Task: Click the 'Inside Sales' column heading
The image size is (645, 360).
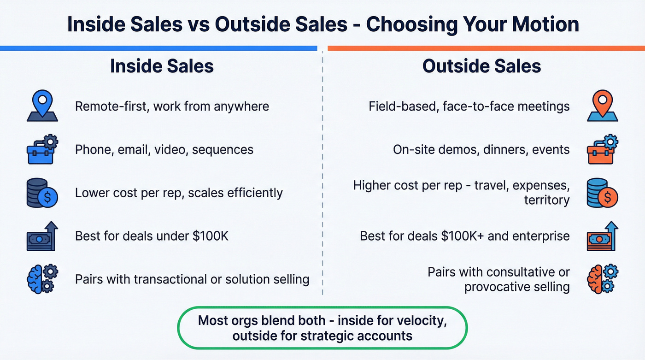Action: point(162,66)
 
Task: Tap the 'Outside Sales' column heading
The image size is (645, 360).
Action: point(481,66)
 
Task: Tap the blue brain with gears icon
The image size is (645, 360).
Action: point(41,278)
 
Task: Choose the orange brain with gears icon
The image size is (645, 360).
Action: point(602,279)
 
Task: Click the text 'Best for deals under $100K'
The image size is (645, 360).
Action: point(152,236)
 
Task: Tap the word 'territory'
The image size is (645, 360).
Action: point(546,200)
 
